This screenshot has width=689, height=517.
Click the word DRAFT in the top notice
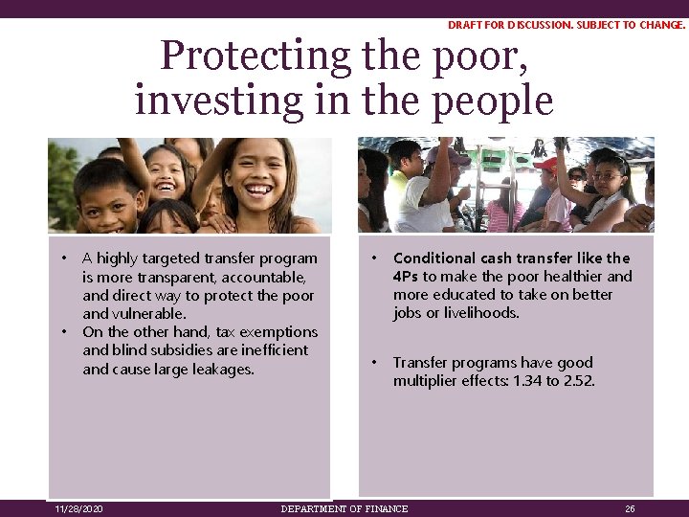[465, 25]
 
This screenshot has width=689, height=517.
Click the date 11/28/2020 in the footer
[79, 508]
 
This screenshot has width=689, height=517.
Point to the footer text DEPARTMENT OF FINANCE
[344, 508]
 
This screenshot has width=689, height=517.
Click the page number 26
[630, 508]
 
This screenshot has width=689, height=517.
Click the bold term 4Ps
[406, 277]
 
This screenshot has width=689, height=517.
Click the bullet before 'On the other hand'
[64, 332]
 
